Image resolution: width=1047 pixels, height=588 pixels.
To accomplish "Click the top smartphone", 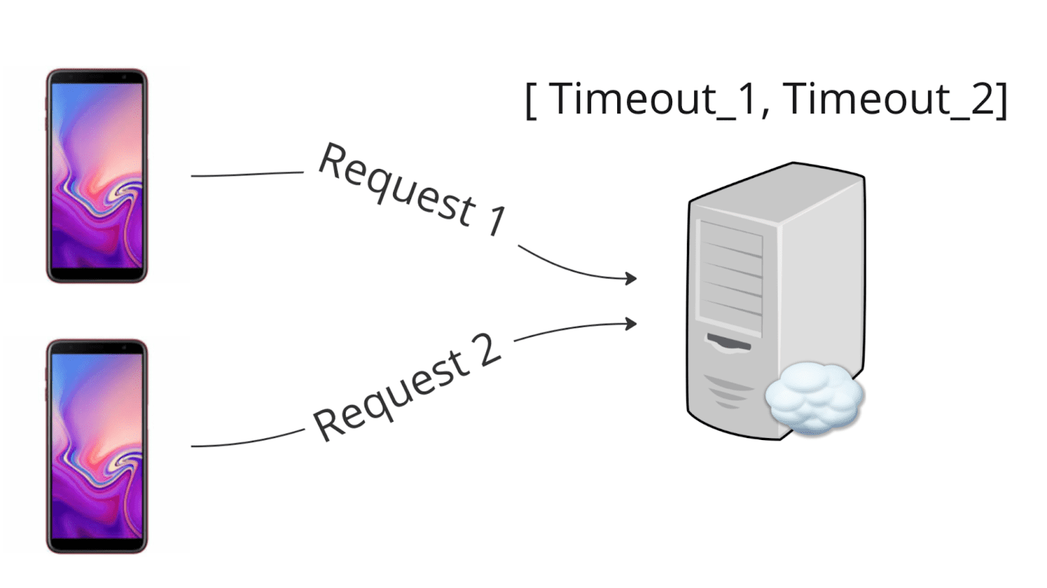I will tap(97, 175).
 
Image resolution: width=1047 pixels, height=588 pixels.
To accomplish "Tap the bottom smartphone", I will tap(97, 446).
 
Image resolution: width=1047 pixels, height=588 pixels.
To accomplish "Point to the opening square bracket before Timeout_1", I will tap(531, 101).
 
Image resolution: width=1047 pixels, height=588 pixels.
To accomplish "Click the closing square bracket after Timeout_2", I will tap(1002, 101).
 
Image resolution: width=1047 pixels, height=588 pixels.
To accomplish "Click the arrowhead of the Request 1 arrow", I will tap(631, 278).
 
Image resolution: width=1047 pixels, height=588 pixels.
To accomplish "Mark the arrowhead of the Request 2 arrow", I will tap(631, 323).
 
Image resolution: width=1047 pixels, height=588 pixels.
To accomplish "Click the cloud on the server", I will tap(814, 397).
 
